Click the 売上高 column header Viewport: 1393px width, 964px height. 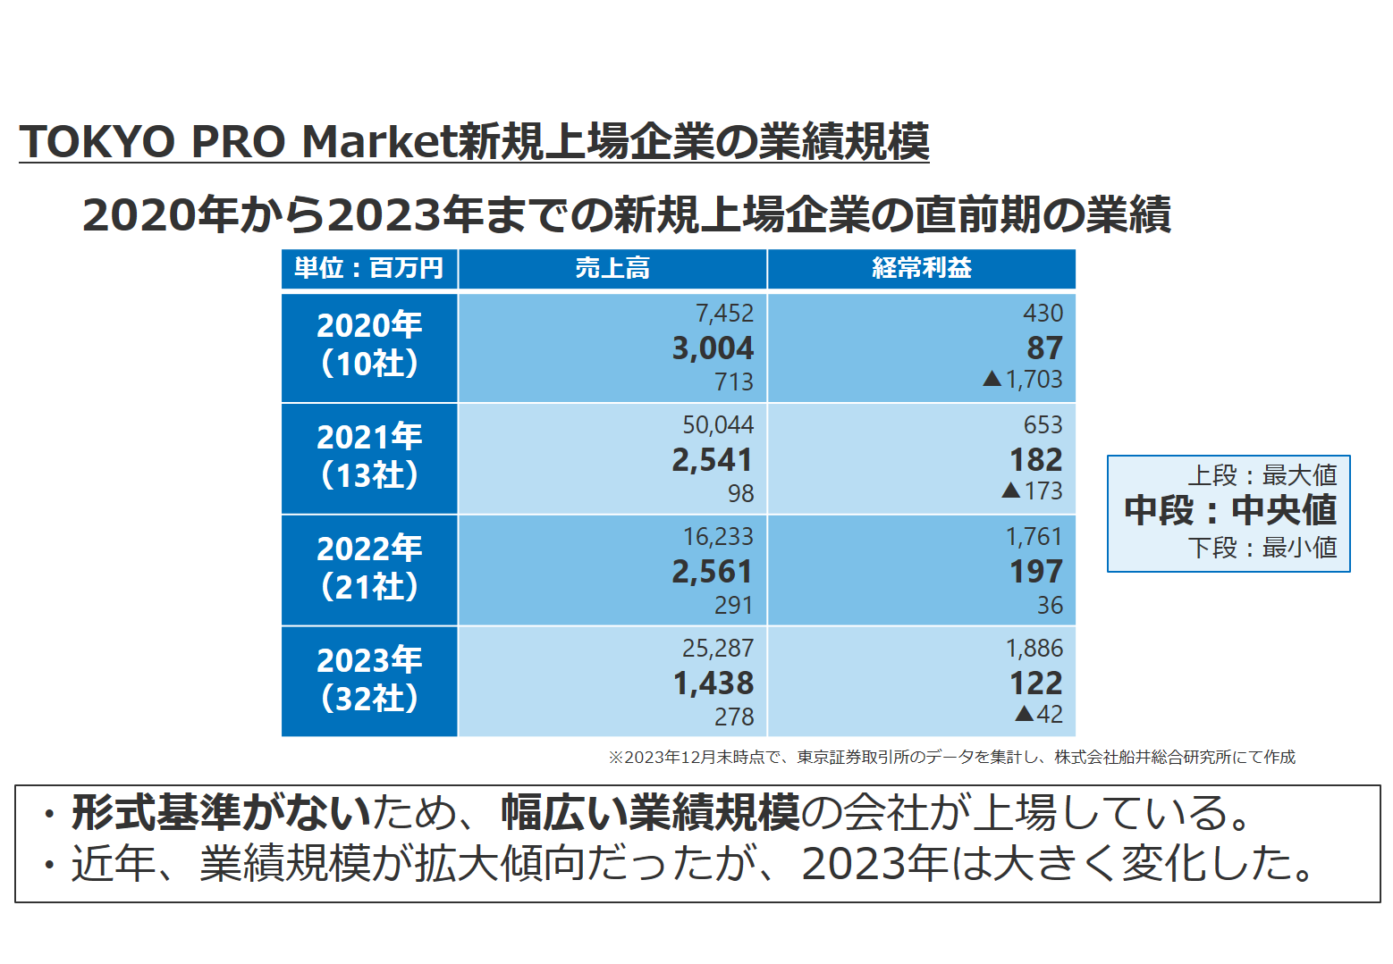pos(612,268)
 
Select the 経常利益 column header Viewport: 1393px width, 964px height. pos(921,268)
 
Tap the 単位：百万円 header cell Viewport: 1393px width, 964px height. pos(368,268)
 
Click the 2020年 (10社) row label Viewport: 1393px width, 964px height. pos(369,345)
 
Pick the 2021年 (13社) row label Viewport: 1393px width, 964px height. pos(369,457)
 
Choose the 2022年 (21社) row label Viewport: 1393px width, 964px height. pos(369,568)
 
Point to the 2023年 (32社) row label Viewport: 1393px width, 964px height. pos(369,680)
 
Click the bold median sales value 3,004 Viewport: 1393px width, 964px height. pos(713,348)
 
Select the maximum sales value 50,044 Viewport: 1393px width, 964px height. pos(718,424)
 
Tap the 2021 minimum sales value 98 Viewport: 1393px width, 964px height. pos(740,493)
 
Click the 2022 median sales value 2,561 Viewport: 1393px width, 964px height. pos(713,571)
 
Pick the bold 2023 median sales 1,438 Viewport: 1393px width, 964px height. pos(713,683)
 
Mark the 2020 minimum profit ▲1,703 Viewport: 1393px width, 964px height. pos(1023,380)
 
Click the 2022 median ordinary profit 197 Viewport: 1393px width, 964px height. pos(1035,571)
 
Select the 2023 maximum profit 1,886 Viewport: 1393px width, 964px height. pos(1034,648)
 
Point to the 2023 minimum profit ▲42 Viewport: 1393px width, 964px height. pos(1039,715)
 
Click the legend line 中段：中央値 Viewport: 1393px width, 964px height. pos(1229,510)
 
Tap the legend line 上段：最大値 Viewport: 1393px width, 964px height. pos(1262,474)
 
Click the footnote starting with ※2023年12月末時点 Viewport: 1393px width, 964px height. pos(951,758)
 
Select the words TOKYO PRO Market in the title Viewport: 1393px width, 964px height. pos(238,141)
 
